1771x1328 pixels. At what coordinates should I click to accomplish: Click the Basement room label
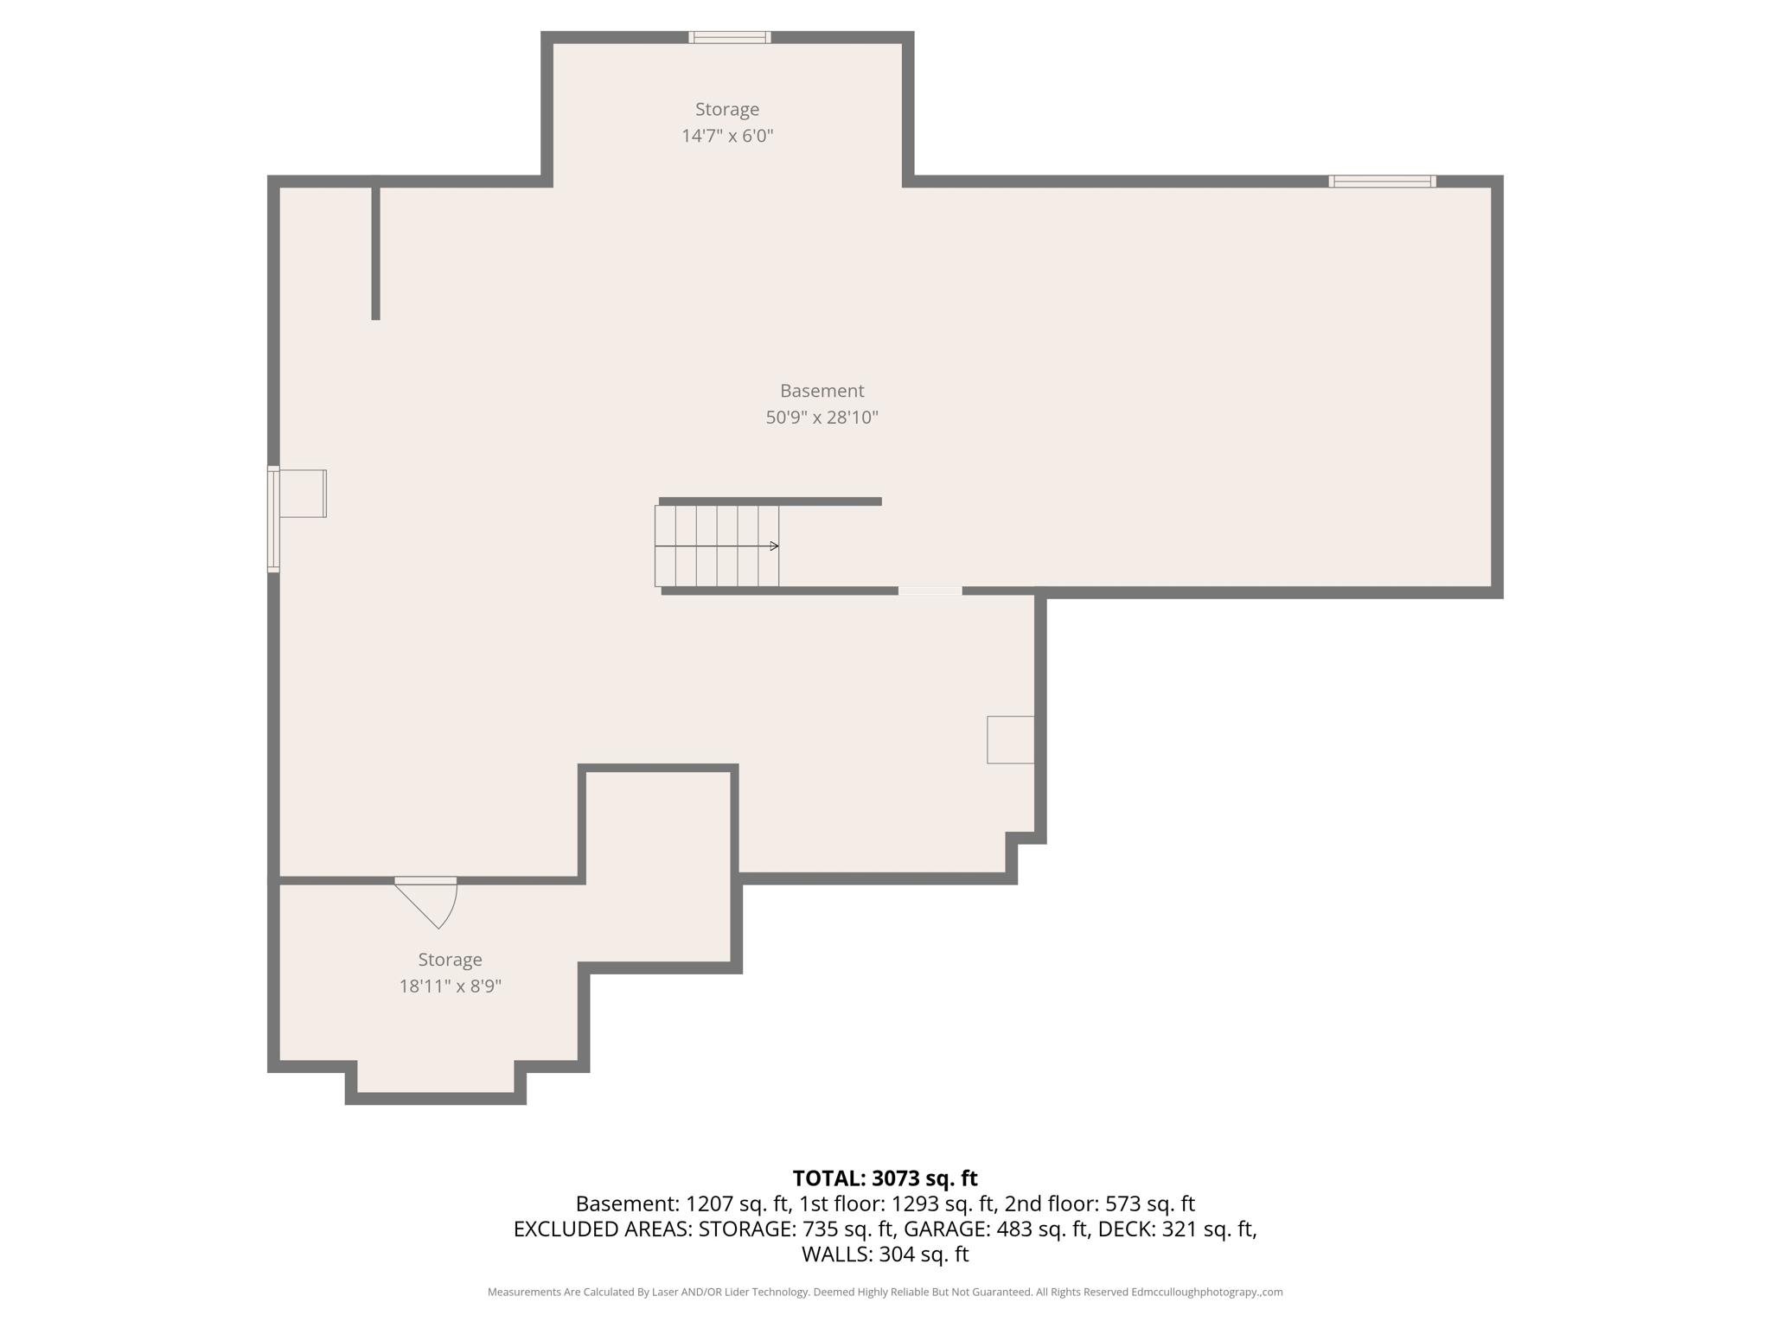click(x=822, y=391)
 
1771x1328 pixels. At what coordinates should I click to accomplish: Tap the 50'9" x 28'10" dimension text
click(x=822, y=418)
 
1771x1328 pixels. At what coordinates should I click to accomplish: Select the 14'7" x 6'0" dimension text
click(x=726, y=136)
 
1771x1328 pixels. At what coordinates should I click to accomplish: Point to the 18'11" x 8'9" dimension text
click(x=450, y=986)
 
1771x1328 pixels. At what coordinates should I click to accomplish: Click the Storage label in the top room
click(x=726, y=109)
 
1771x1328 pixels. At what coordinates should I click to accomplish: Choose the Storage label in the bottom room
click(x=450, y=960)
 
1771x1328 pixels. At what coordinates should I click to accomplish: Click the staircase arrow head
click(x=775, y=546)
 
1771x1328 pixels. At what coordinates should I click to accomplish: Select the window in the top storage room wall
click(x=729, y=37)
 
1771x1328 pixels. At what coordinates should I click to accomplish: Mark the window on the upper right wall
click(x=1382, y=182)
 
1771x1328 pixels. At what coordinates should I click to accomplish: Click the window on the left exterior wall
click(x=273, y=519)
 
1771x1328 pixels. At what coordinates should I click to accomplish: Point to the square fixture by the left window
click(x=303, y=494)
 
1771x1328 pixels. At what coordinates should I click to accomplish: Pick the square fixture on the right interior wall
click(x=1010, y=739)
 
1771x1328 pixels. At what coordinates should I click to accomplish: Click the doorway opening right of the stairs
click(x=930, y=591)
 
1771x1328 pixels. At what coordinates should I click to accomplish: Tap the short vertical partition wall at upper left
click(x=375, y=251)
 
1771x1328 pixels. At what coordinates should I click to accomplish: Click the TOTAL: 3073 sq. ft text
click(x=885, y=1178)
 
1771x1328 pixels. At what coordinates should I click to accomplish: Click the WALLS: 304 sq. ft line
click(x=885, y=1254)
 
